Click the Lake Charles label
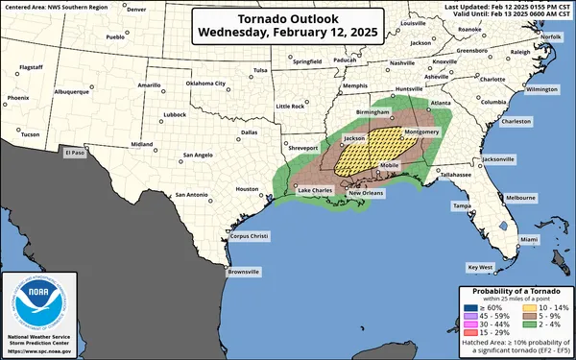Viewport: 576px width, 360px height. [316, 191]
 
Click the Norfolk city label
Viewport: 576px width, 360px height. [550, 36]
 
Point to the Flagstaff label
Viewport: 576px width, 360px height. [32, 67]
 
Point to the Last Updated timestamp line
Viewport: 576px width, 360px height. [508, 6]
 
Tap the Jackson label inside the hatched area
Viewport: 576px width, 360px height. [354, 138]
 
